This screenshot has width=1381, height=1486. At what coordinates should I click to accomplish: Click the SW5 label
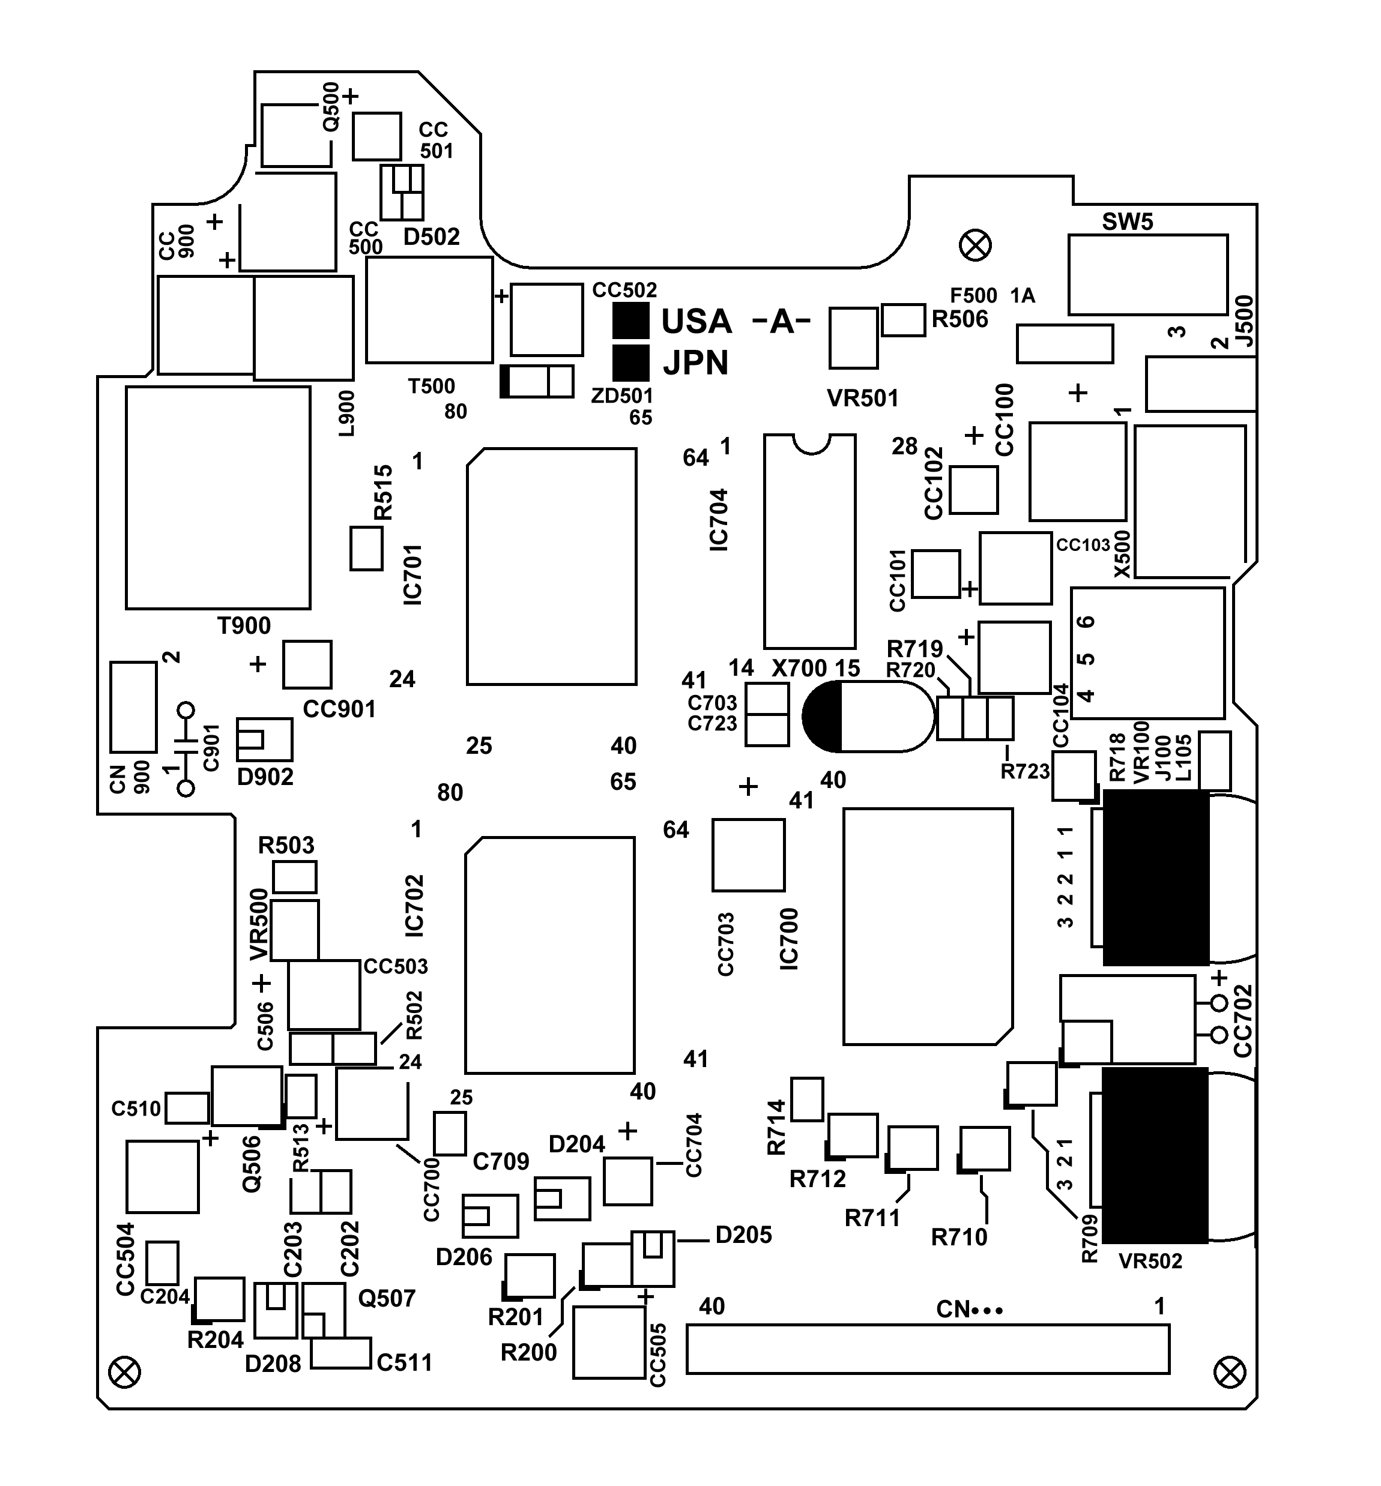pos(1127,222)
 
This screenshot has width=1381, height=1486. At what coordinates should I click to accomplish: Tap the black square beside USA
pos(630,321)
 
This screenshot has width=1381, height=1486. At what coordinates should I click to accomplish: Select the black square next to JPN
pos(630,363)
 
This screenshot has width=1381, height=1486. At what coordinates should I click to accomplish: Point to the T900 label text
pos(244,625)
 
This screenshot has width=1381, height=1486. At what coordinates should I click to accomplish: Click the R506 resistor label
pos(959,320)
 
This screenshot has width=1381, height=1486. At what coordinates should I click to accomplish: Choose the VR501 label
pos(862,399)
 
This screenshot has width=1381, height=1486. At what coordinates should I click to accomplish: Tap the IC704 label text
pos(719,520)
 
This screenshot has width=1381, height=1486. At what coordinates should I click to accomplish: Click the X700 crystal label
pos(799,668)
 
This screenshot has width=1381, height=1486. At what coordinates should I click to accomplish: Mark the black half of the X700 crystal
pos(823,717)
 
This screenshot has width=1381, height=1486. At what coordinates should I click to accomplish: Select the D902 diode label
pos(265,777)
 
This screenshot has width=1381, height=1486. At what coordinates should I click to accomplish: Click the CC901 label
pos(339,709)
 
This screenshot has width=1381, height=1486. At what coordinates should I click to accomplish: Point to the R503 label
pos(286,846)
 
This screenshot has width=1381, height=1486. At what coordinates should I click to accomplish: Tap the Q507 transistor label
pos(386,1299)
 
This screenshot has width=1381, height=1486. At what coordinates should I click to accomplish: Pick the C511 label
pos(404,1363)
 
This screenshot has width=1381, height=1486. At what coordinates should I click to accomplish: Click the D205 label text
pos(743,1235)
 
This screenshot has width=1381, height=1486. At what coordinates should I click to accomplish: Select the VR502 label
pos(1150,1261)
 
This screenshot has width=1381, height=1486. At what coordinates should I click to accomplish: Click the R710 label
pos(959,1237)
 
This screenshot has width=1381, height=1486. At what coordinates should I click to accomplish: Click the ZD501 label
pos(621,396)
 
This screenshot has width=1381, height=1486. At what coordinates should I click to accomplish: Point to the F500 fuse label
pos(973,296)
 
